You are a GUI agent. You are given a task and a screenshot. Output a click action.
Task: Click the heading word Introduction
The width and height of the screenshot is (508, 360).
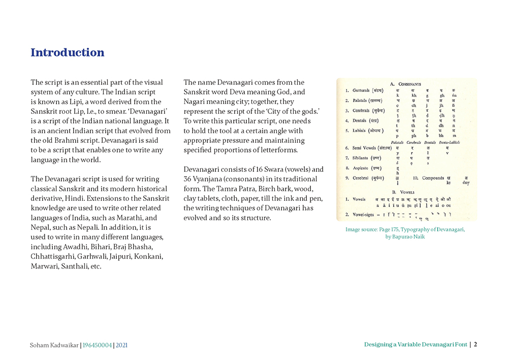click(68, 52)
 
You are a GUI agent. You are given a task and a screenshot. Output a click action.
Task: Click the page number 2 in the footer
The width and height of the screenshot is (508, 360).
click(475, 344)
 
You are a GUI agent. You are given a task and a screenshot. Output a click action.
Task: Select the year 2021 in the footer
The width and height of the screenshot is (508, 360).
click(122, 345)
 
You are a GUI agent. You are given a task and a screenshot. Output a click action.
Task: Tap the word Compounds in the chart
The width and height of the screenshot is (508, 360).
click(433, 178)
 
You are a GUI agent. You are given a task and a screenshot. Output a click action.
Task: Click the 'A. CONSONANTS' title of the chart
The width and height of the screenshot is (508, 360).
click(405, 83)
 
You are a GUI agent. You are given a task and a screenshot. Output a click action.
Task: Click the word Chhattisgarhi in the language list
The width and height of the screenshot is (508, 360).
click(53, 256)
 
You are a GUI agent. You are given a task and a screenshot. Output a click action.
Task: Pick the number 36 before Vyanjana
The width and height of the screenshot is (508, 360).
click(188, 179)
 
